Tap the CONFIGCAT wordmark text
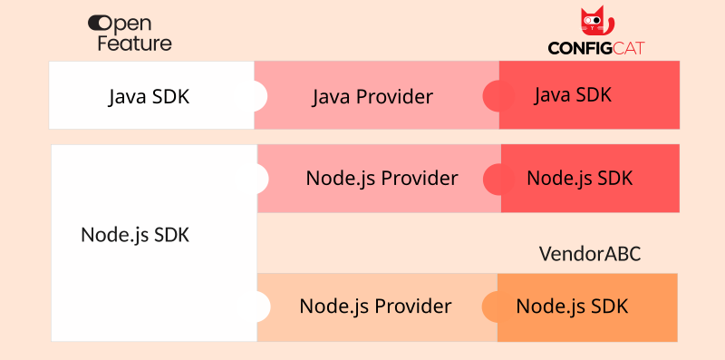coord(595,48)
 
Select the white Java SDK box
coord(150,95)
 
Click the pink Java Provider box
coord(372,96)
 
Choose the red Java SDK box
coord(589,94)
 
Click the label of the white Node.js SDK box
coord(135,233)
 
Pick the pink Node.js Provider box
coord(382,178)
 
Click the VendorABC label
coord(590,254)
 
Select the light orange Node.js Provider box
coord(375,306)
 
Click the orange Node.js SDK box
coord(585,306)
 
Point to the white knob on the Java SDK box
coord(257,95)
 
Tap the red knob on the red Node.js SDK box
coord(496,179)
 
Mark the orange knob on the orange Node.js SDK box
coord(493,306)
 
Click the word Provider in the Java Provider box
coord(394,96)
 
